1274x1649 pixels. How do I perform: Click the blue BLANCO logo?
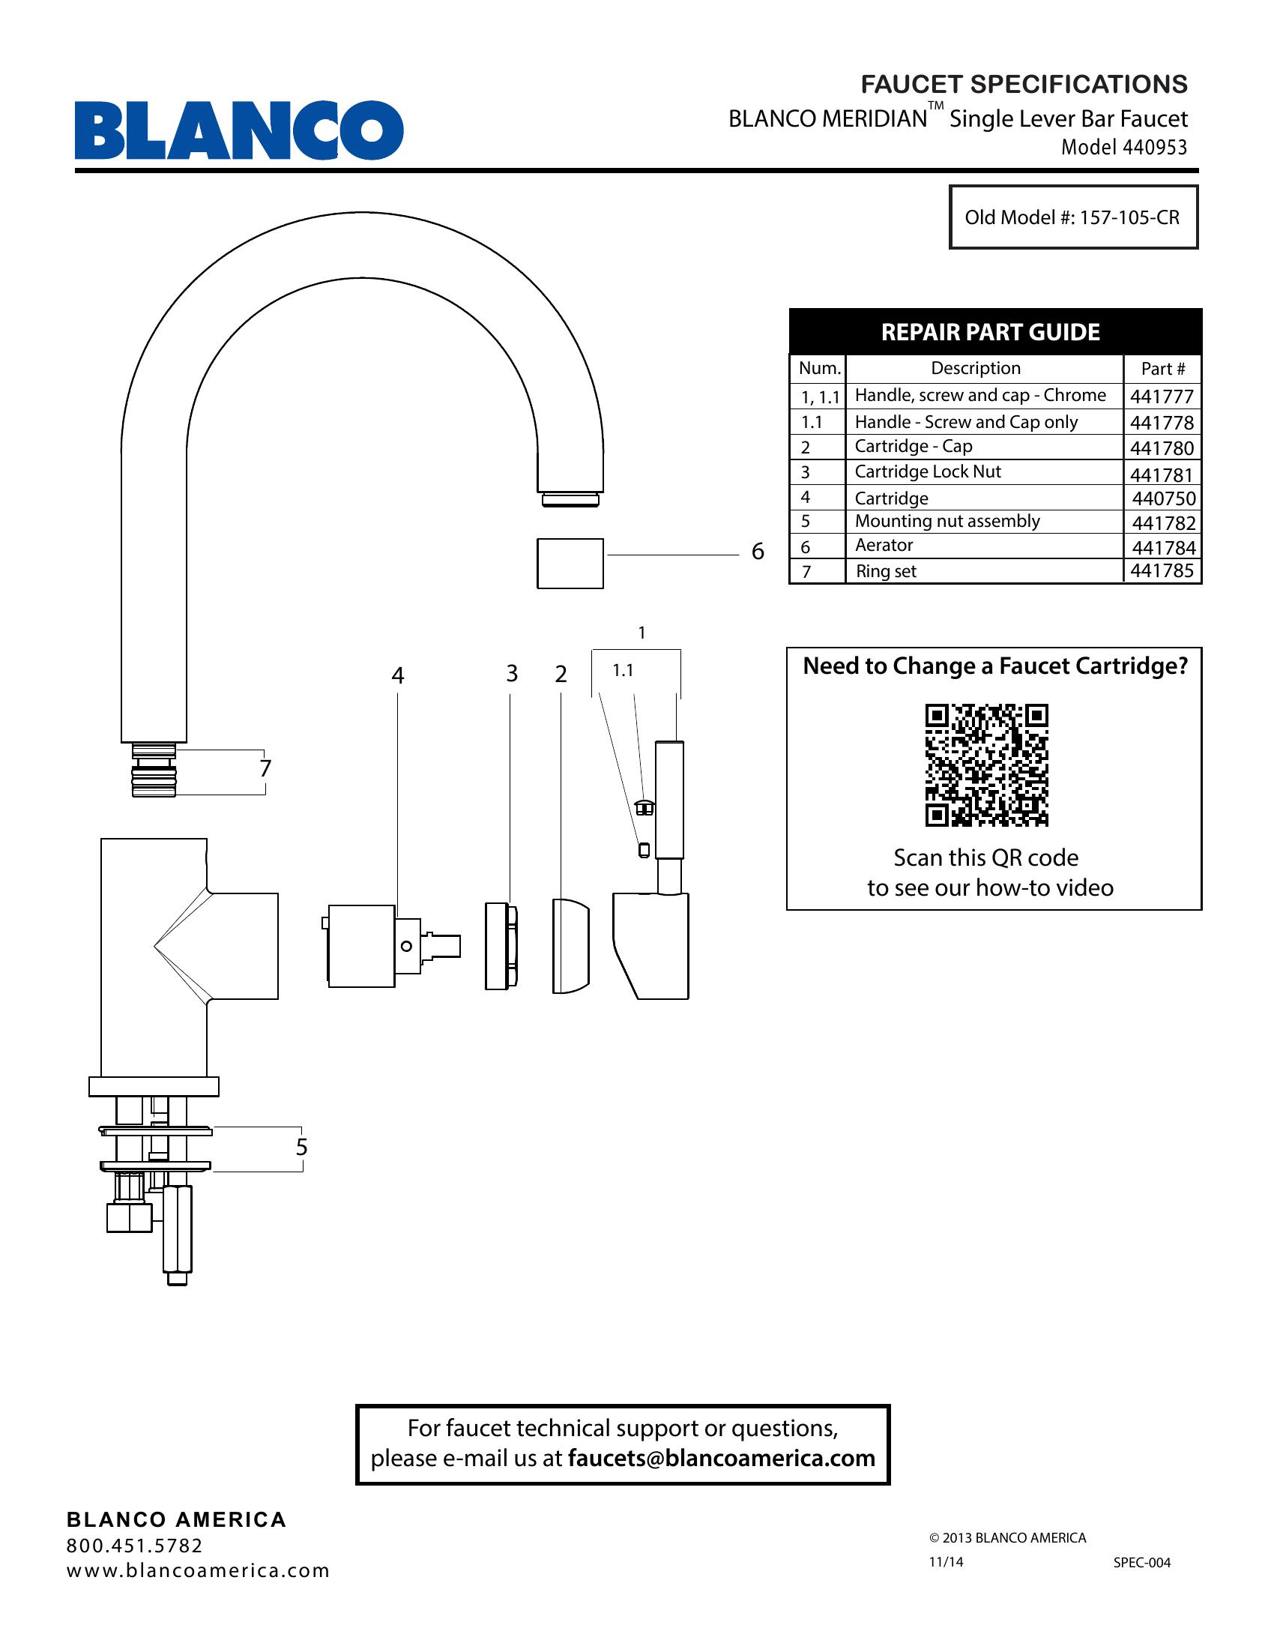238,130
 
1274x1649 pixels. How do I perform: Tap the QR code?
986,765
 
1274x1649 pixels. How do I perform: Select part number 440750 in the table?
1163,498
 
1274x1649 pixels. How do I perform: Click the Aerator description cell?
884,545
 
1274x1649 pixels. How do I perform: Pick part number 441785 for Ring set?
1162,571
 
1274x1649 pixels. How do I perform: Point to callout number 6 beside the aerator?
758,552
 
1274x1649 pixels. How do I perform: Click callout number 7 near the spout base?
265,768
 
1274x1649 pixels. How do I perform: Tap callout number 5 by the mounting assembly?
302,1148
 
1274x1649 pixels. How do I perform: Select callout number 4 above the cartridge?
398,676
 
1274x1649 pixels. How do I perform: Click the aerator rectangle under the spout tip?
570,563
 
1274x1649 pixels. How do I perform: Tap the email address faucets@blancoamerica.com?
722,1458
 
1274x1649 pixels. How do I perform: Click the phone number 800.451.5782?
135,1546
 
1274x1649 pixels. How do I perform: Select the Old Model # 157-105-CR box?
1072,217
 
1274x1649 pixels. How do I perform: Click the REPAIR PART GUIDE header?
990,332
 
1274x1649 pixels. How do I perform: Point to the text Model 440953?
1124,147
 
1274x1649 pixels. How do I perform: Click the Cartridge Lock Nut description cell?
928,472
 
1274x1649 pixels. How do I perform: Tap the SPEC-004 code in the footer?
1142,1563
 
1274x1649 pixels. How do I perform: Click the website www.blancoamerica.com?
199,1571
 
